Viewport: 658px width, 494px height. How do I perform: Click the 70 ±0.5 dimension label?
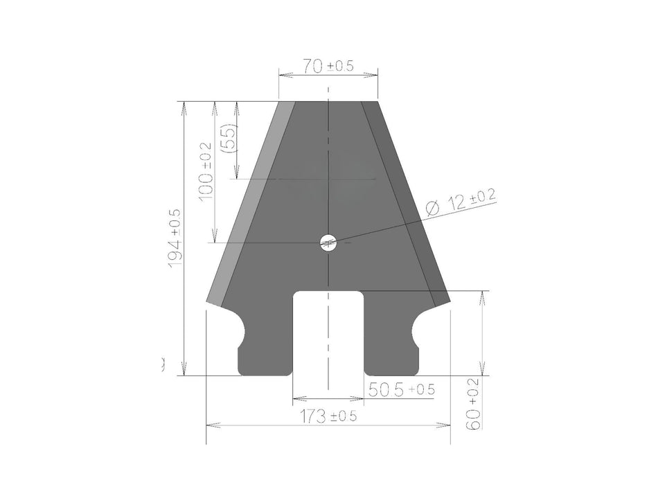click(328, 67)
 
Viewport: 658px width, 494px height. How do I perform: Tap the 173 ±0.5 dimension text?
click(328, 416)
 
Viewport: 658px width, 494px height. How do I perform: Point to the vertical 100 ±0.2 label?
click(205, 172)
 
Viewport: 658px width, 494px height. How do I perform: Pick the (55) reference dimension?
click(227, 138)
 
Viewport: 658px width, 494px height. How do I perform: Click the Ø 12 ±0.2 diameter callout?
click(460, 202)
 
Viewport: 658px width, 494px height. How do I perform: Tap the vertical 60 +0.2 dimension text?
click(475, 405)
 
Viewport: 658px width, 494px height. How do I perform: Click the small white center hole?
click(328, 242)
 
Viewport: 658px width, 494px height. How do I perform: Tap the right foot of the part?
click(391, 357)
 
